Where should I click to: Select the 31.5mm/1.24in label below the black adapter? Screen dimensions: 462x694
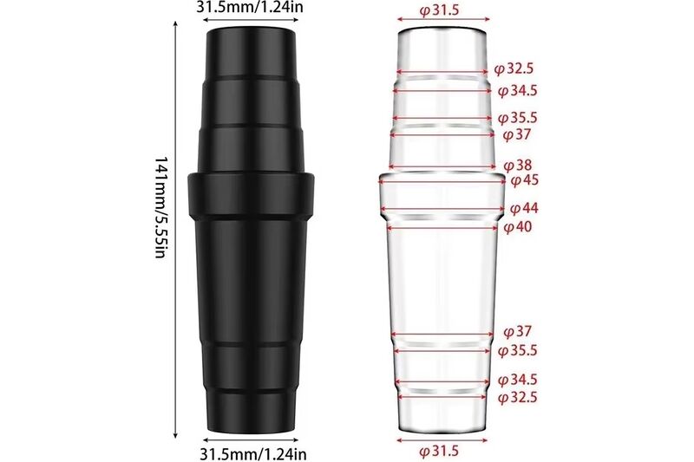pos(252,452)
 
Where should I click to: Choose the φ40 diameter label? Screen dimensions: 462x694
pos(519,226)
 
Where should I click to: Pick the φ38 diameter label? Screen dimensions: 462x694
pos(518,165)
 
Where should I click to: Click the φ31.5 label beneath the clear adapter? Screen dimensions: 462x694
pos(440,452)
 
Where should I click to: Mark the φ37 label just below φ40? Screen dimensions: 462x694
pos(517,331)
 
